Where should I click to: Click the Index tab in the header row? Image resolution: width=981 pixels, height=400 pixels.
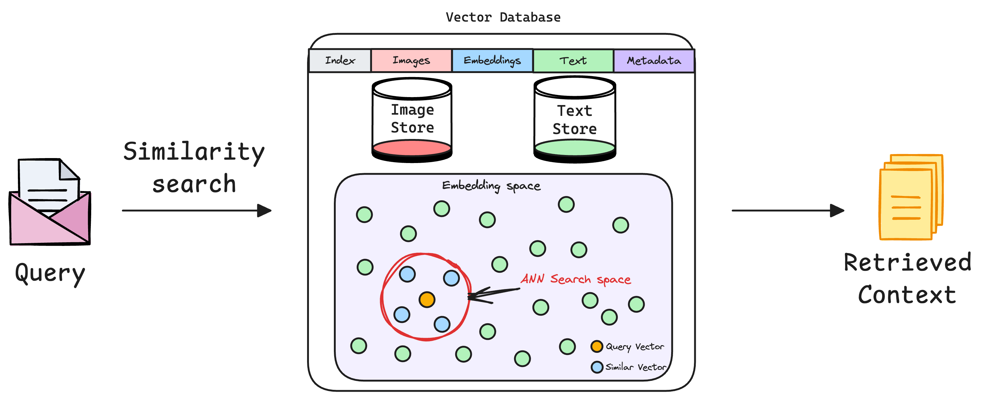[x=340, y=61]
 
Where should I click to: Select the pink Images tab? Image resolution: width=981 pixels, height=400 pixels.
[x=411, y=61]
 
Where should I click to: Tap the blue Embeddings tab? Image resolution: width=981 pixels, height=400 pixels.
[x=492, y=61]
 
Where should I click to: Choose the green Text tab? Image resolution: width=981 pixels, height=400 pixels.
[x=573, y=61]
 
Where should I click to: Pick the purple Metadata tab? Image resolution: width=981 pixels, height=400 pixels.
[x=654, y=61]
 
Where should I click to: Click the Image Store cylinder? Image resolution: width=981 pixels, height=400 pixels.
[x=412, y=120]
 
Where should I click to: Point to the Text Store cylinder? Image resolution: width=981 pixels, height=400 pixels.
[x=575, y=120]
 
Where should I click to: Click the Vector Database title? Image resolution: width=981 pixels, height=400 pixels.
[x=503, y=18]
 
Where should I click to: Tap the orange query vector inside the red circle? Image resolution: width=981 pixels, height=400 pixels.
[x=427, y=300]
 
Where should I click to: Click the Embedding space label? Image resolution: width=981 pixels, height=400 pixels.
[x=491, y=186]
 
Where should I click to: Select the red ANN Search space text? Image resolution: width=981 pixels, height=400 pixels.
[x=575, y=279]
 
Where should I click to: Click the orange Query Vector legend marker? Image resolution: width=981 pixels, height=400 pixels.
[x=597, y=346]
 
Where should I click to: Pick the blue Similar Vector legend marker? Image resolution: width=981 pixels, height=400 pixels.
[x=597, y=367]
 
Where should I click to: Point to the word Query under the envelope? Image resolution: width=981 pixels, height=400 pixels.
[x=50, y=274]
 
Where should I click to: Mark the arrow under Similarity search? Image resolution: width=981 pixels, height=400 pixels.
[x=197, y=210]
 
